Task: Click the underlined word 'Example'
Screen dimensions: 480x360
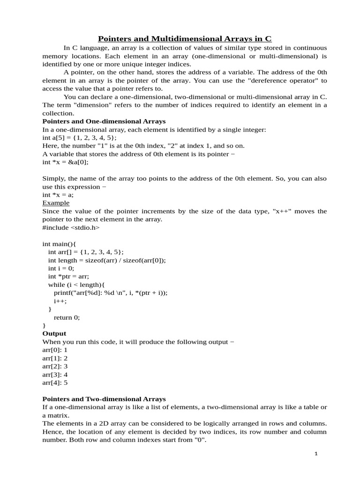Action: point(56,203)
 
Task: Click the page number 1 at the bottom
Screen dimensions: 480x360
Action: point(316,454)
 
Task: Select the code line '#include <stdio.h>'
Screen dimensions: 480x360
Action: point(71,227)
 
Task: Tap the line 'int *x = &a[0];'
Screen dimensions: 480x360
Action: point(65,162)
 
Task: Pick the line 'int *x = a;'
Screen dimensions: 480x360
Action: point(58,195)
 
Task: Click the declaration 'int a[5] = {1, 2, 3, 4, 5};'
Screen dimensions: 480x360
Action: point(80,137)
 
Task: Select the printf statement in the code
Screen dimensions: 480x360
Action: point(111,292)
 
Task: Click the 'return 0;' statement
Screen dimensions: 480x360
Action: point(67,317)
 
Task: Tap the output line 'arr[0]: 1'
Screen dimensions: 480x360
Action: point(55,350)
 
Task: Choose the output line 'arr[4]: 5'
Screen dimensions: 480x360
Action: point(55,382)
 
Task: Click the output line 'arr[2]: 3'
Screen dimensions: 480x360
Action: point(55,366)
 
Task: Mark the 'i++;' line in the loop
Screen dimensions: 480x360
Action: point(60,301)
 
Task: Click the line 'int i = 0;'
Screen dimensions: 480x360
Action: point(61,268)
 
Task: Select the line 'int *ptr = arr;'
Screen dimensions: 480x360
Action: point(68,276)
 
